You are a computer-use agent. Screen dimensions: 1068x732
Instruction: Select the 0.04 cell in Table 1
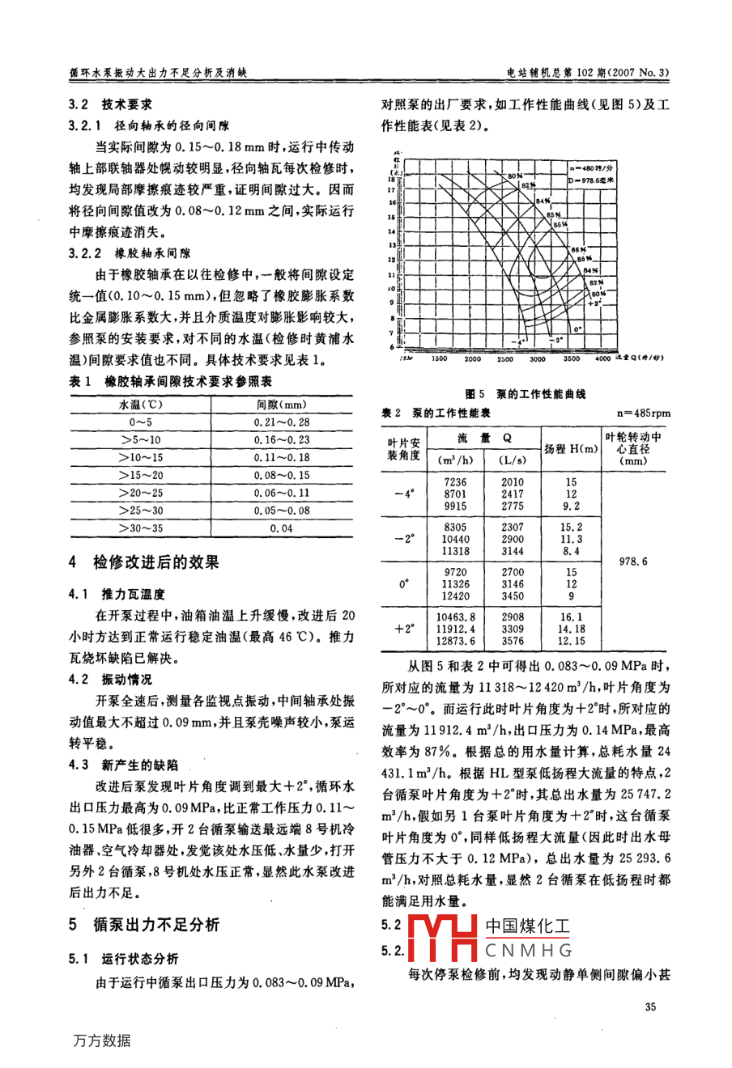click(281, 528)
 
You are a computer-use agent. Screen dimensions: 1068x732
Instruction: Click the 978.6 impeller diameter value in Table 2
click(633, 561)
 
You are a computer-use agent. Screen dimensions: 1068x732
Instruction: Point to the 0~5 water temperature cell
click(140, 422)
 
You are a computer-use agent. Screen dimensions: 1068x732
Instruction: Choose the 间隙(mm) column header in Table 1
click(281, 405)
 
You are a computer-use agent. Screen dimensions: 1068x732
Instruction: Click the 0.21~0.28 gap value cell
click(281, 422)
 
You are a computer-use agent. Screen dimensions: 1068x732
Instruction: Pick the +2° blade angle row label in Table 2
click(404, 628)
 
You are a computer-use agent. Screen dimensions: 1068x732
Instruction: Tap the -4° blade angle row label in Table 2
click(404, 494)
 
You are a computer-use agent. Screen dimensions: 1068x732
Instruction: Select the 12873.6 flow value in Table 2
click(456, 641)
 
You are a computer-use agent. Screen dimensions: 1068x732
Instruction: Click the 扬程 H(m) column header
click(571, 449)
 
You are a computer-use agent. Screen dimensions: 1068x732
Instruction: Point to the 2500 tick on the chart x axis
click(504, 358)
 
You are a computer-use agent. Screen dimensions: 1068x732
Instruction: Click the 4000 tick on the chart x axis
click(602, 358)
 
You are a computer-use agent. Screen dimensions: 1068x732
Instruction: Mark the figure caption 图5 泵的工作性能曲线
click(525, 394)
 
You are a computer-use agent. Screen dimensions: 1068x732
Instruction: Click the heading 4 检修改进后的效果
click(144, 562)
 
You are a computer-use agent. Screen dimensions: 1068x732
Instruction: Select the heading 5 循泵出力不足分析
click(144, 925)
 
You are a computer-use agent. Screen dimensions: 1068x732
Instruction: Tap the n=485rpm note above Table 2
click(643, 413)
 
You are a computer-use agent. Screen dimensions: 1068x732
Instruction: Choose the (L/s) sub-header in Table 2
click(512, 460)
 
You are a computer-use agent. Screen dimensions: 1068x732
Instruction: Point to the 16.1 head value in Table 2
click(571, 617)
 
